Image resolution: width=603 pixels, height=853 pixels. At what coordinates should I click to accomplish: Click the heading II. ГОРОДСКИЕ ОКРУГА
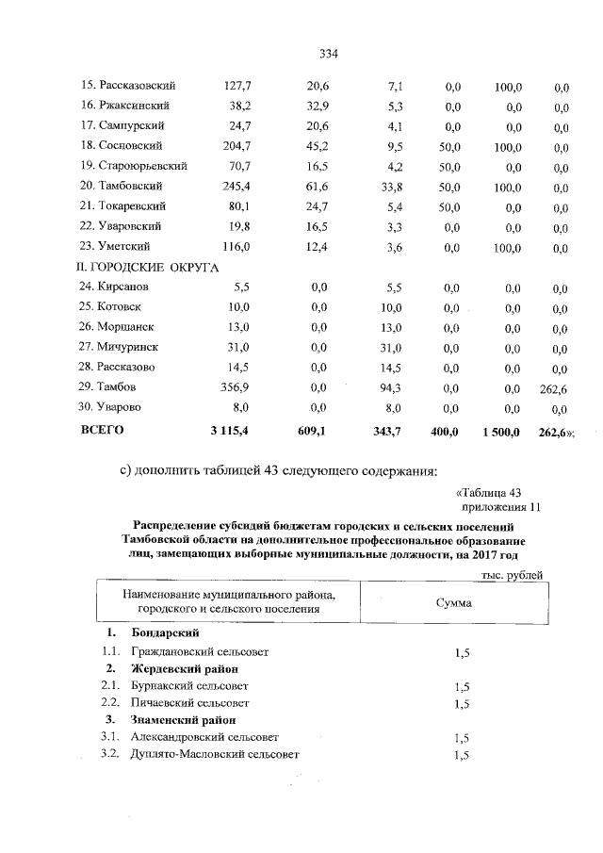(147, 267)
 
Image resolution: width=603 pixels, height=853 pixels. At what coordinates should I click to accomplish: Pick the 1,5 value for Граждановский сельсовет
(462, 652)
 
